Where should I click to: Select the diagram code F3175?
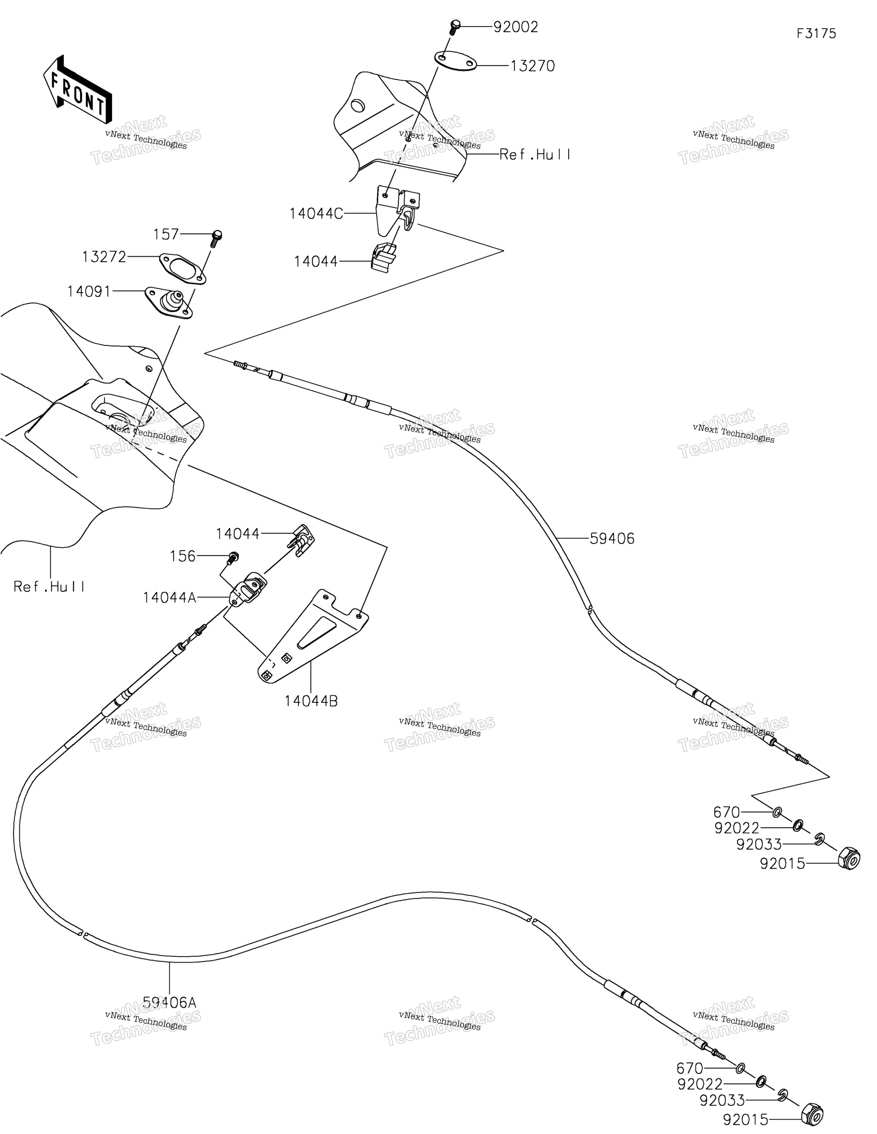[x=816, y=34]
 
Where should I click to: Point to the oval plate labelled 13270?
[x=455, y=61]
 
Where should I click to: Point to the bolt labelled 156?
[x=232, y=558]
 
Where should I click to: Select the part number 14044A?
[x=169, y=598]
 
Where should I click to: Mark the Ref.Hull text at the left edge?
[x=49, y=587]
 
